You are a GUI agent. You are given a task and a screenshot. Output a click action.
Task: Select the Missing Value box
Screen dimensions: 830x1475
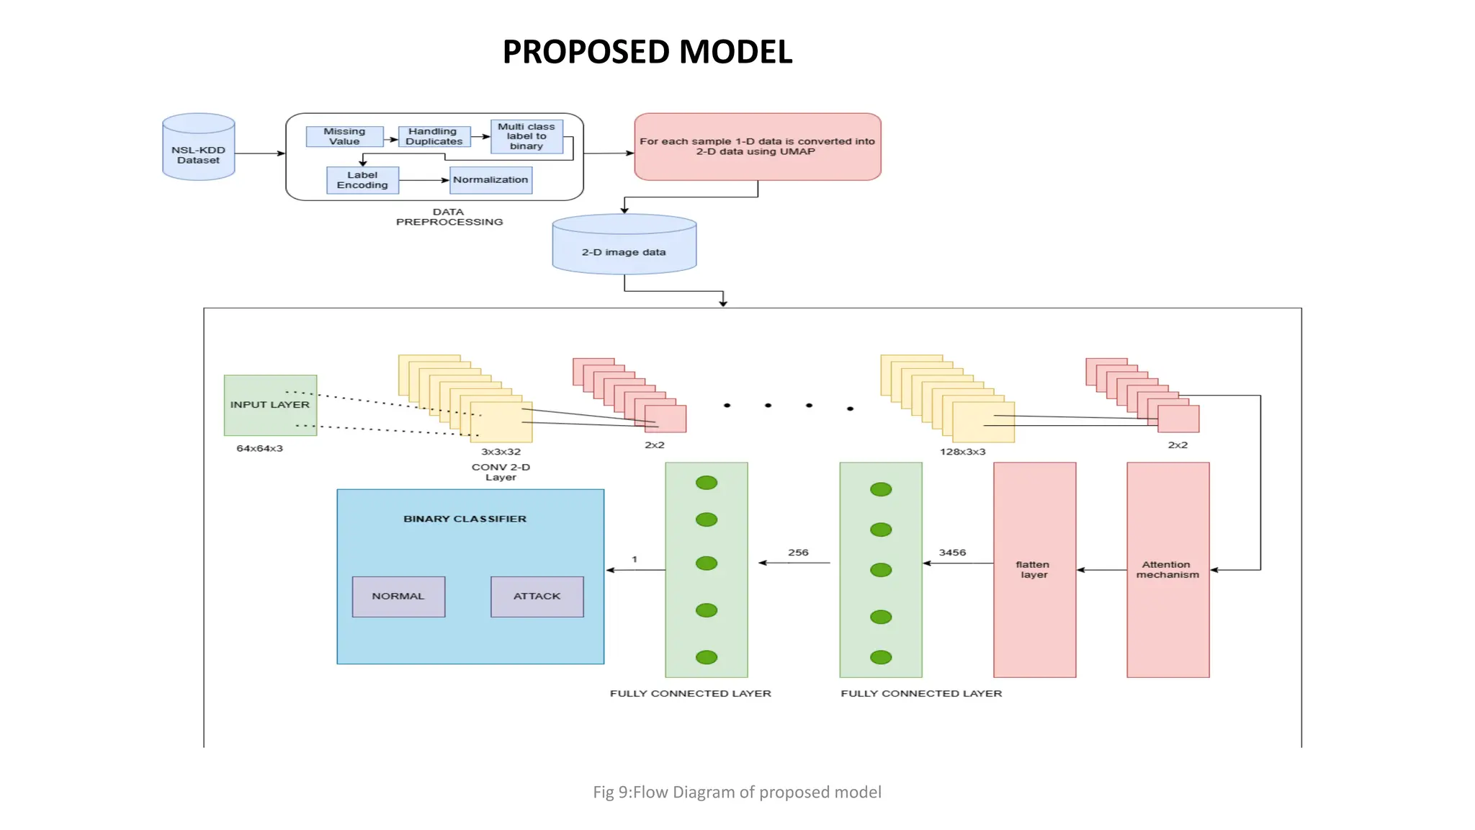[344, 136]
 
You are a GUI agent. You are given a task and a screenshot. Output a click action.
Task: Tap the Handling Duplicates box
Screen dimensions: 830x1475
[434, 136]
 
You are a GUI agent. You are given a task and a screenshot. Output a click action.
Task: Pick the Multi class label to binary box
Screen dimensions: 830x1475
[526, 136]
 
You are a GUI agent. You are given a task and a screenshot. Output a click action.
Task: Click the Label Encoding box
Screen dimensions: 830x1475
[362, 180]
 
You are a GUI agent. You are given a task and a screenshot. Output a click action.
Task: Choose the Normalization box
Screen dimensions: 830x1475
[490, 180]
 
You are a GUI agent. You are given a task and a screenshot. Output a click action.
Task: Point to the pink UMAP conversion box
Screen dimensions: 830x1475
[757, 146]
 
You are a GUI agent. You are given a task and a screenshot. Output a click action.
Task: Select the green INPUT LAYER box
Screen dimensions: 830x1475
[270, 405]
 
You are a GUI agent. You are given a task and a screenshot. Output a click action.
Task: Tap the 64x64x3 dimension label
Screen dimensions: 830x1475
[259, 448]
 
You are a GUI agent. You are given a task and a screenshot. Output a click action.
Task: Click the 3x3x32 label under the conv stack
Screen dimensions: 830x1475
[501, 452]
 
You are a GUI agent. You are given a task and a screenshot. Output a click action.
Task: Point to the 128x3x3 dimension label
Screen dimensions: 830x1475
[962, 452]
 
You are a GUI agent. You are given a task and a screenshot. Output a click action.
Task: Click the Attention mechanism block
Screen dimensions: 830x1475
[1167, 569]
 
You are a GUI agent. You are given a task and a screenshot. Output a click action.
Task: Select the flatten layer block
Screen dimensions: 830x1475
[1034, 569]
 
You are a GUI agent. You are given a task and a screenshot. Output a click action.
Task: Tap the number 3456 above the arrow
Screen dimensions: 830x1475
[952, 553]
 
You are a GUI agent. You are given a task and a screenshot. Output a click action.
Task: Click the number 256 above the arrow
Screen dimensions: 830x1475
[798, 553]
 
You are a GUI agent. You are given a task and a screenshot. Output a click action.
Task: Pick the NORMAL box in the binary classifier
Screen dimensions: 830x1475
[398, 597]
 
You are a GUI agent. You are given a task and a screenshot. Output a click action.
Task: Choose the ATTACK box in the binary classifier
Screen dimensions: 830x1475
[537, 597]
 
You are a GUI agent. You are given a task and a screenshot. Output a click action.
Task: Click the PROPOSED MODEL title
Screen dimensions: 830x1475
[647, 52]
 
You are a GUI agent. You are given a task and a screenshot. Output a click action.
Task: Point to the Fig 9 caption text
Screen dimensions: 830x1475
[737, 792]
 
